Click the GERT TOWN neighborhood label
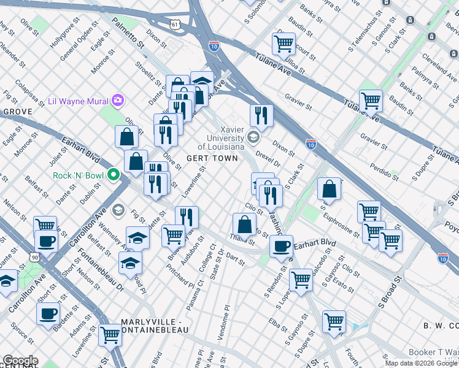(x=217, y=158)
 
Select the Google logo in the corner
(x=20, y=361)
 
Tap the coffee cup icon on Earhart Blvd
(x=281, y=247)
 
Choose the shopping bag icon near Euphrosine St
(x=330, y=190)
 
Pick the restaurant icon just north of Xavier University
(x=261, y=116)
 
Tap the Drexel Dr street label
(x=268, y=157)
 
